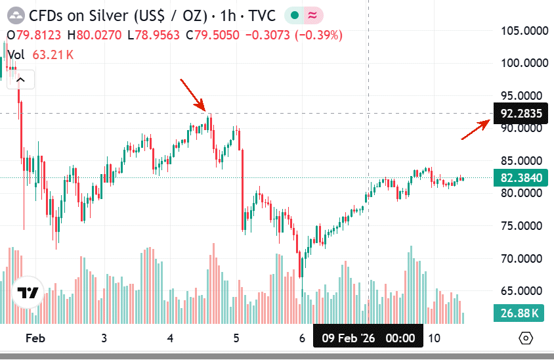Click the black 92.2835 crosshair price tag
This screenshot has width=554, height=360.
(x=521, y=113)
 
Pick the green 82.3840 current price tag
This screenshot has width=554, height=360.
(x=521, y=177)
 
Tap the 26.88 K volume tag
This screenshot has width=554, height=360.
(x=519, y=313)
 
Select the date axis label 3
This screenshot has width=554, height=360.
(x=104, y=338)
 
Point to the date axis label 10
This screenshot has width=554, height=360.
(x=433, y=338)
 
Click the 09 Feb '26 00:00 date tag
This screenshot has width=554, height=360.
(x=368, y=338)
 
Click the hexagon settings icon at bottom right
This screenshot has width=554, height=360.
(x=525, y=338)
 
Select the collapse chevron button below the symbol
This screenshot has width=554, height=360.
(x=21, y=80)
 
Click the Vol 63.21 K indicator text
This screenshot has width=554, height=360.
(x=40, y=55)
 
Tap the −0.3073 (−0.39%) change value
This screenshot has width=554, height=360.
(x=293, y=35)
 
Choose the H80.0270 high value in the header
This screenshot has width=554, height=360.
(x=96, y=35)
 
